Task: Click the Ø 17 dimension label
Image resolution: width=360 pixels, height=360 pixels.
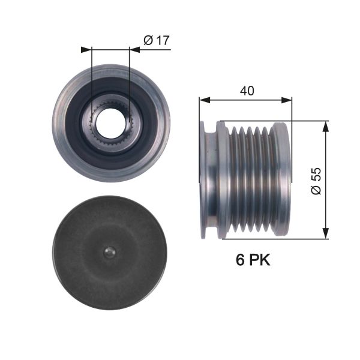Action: [157, 41]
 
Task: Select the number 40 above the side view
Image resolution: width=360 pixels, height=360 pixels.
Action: [246, 91]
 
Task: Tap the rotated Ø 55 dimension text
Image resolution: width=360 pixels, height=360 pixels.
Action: [316, 180]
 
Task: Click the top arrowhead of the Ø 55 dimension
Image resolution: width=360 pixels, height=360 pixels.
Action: [326, 125]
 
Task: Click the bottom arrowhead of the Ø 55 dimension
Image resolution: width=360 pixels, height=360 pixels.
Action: [326, 235]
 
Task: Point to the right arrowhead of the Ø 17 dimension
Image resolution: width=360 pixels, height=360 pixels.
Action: [135, 50]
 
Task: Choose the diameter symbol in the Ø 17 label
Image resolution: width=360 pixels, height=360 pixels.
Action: [149, 41]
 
